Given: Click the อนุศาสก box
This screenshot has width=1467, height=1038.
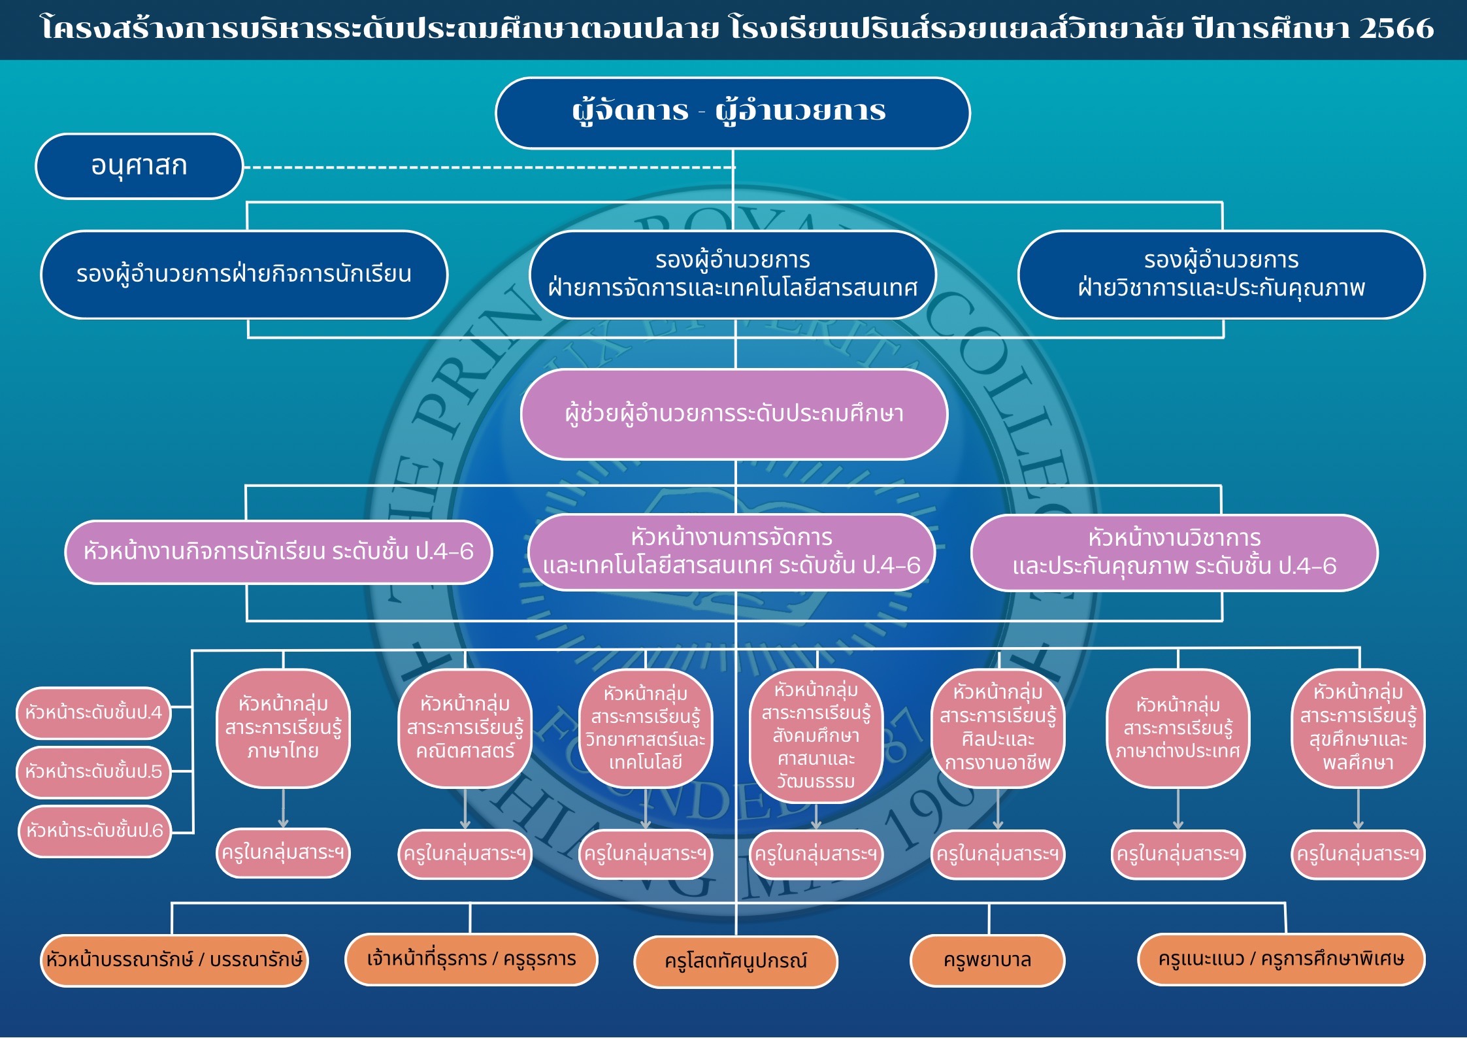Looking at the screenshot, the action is tap(139, 166).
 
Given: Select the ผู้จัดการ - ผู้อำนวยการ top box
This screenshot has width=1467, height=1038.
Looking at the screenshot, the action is tap(733, 112).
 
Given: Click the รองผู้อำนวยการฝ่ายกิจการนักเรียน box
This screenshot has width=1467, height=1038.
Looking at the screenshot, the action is tap(244, 275).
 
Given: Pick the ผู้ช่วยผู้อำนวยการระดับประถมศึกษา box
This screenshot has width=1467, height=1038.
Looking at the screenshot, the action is tap(734, 414).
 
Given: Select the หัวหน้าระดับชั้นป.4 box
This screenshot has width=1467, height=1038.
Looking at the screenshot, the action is tap(93, 712).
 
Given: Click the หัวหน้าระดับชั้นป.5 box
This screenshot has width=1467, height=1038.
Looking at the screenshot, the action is tap(93, 772).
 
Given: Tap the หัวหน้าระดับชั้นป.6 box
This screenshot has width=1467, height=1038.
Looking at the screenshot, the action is tap(95, 831).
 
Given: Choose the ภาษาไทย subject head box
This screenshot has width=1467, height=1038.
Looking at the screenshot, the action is tap(283, 728).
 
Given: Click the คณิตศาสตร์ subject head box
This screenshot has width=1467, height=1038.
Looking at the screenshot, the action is tap(465, 728).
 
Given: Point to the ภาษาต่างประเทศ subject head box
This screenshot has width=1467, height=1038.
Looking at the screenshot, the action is tap(1178, 728).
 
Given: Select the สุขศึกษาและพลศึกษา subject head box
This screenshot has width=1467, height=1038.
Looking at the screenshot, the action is tap(1359, 728).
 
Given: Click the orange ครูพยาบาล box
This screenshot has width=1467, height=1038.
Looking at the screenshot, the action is tap(987, 960).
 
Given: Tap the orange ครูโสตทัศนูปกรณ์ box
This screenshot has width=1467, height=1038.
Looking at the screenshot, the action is tap(736, 962).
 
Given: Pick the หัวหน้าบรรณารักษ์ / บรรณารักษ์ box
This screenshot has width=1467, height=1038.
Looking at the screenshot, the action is tap(174, 960).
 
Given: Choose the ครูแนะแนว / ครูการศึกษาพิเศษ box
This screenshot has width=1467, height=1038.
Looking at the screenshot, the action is tap(1281, 959).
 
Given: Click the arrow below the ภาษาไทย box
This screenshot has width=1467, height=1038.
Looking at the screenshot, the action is tap(283, 809).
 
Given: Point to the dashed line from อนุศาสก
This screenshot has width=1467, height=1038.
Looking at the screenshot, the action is tap(489, 167).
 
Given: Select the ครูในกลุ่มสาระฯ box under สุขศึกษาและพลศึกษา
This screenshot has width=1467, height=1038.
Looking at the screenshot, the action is tap(1359, 854).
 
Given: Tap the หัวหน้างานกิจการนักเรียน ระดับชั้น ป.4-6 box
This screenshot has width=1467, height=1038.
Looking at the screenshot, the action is tap(278, 552).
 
